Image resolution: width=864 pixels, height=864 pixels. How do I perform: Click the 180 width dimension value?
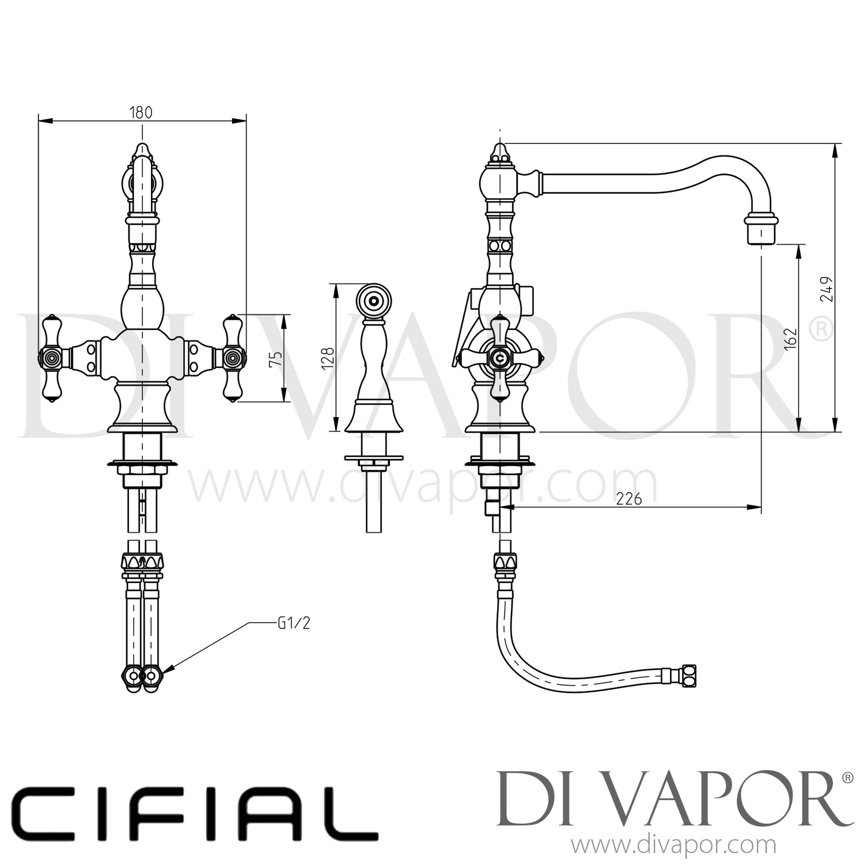pos(141,112)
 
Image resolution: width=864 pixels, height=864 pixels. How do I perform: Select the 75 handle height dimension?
pos(276,358)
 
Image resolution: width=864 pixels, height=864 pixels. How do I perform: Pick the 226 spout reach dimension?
pos(628,499)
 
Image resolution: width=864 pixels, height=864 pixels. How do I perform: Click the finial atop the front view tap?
pos(142,151)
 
